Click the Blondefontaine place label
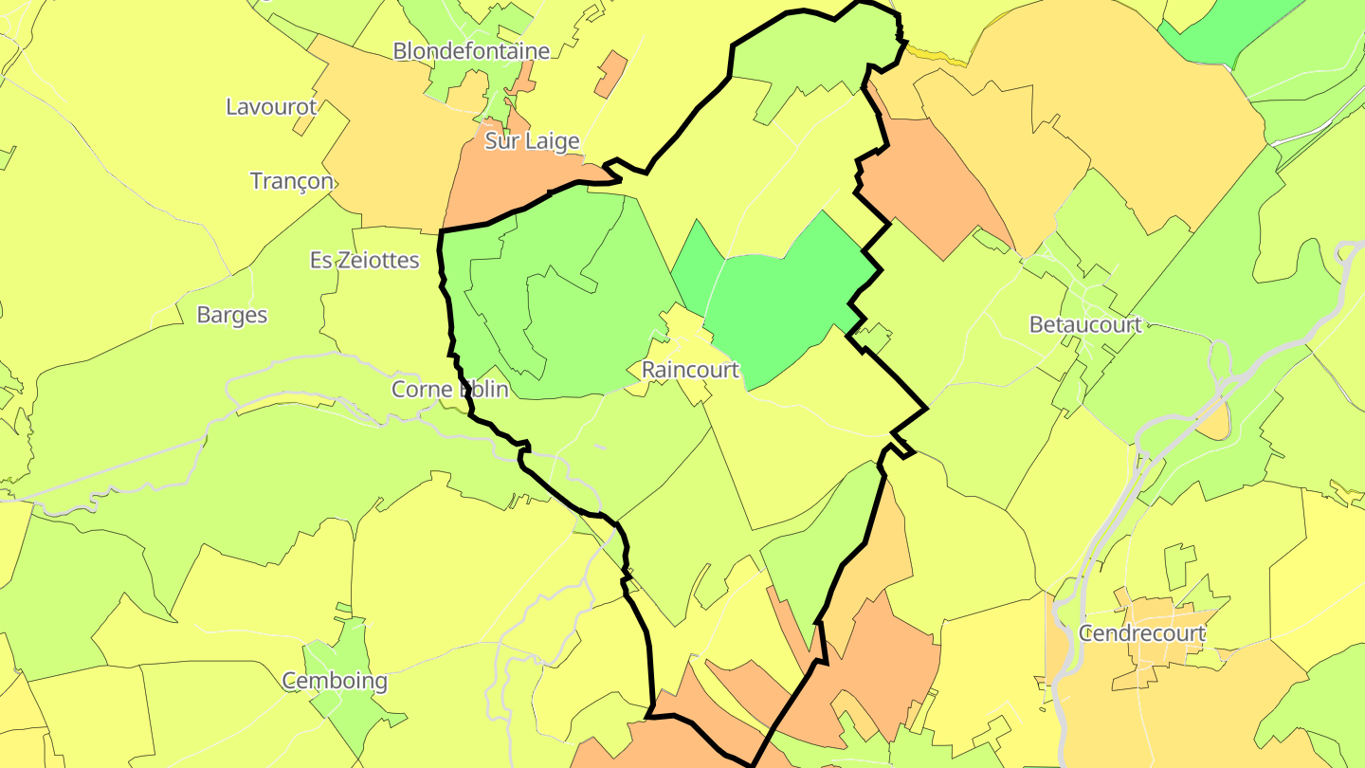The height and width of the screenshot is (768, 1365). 471,51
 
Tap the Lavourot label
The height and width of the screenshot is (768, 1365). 270,106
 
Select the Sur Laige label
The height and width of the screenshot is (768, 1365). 532,142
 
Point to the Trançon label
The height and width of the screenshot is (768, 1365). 292,180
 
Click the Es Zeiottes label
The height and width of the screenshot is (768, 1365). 365,260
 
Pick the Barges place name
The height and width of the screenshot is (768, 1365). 232,315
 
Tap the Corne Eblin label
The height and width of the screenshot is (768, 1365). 450,389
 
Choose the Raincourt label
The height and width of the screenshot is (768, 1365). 689,370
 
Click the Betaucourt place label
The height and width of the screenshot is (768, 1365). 1085,325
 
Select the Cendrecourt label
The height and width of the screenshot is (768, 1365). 1142,633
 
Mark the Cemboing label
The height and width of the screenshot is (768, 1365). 335,681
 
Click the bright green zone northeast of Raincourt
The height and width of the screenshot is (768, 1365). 787,294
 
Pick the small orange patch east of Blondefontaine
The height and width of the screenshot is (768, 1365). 611,74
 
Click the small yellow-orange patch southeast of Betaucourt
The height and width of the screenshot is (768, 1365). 1213,422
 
